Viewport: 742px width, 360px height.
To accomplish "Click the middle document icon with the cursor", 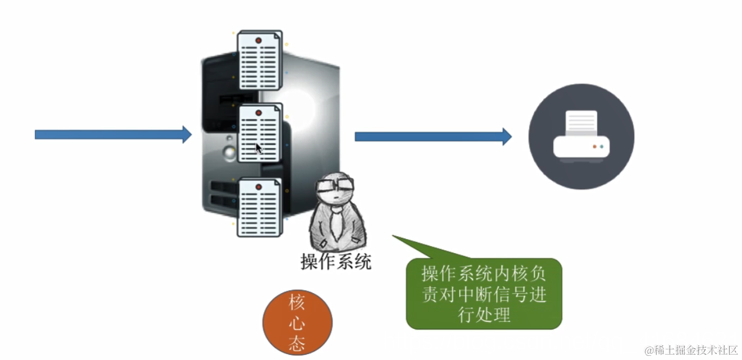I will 259,133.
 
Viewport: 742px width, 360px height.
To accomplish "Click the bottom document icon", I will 259,207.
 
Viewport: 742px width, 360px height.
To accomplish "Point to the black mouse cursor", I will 259,148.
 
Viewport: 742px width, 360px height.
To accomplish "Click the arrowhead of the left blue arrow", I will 187,134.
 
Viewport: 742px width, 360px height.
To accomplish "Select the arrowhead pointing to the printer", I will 506,137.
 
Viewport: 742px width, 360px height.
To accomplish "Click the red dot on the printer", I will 594,146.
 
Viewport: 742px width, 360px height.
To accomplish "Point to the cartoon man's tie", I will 336,226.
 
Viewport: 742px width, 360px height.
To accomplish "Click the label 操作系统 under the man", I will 336,261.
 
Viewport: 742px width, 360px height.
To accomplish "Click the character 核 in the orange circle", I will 297,303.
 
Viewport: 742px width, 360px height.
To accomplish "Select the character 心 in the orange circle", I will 297,323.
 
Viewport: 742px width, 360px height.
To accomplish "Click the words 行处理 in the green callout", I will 484,315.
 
